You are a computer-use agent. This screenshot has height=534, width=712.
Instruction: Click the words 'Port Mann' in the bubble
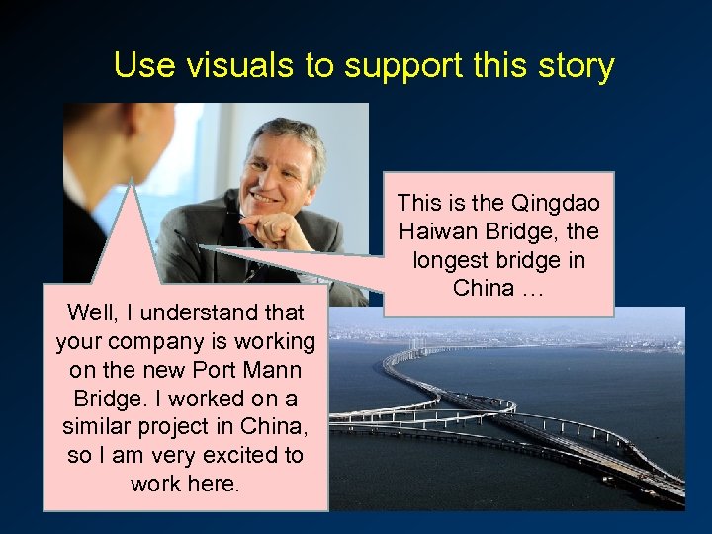249,371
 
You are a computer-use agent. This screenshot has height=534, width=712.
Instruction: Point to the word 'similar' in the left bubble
98,427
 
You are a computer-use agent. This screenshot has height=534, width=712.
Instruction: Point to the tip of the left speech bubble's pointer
131,182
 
